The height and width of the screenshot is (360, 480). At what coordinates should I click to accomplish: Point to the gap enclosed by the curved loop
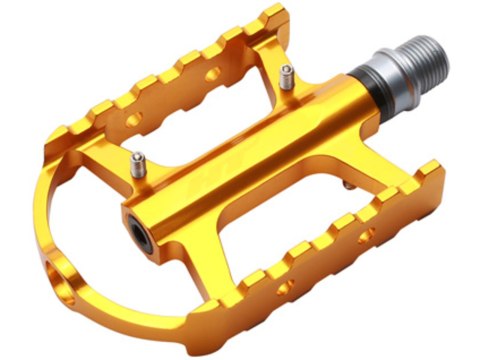(110, 240)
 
